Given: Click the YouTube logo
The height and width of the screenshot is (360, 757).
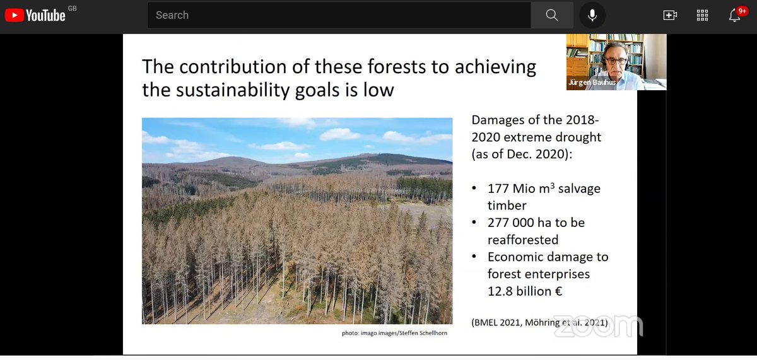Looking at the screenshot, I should [x=35, y=15].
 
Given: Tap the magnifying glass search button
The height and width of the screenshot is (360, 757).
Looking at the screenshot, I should [x=552, y=15].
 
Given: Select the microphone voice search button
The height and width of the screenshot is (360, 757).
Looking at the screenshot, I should [x=592, y=15].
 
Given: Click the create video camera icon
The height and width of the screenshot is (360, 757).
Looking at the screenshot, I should [x=670, y=15].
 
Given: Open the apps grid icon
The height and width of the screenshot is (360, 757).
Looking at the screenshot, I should [x=702, y=15].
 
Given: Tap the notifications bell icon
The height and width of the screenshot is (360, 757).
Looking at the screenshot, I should [x=735, y=15].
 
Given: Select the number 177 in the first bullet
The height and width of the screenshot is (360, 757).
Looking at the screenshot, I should [x=498, y=189].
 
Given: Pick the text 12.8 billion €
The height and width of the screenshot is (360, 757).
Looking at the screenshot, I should [x=525, y=291].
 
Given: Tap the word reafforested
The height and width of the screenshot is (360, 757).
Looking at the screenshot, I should [x=523, y=240].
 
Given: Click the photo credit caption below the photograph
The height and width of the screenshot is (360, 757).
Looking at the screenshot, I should [x=394, y=333].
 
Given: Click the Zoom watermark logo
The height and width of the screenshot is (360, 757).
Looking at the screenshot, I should [x=597, y=325].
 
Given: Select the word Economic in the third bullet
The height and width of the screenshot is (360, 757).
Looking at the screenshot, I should [x=515, y=257].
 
